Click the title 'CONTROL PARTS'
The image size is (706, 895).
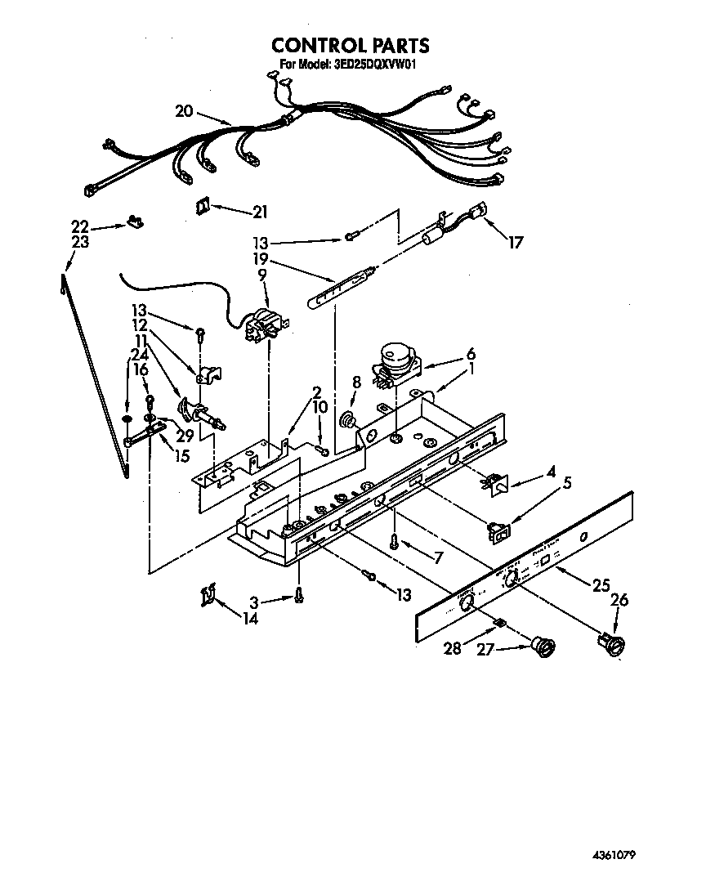[x=350, y=45]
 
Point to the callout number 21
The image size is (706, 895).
[x=260, y=213]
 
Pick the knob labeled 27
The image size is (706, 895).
[x=541, y=647]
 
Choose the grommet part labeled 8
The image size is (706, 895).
[x=350, y=421]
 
